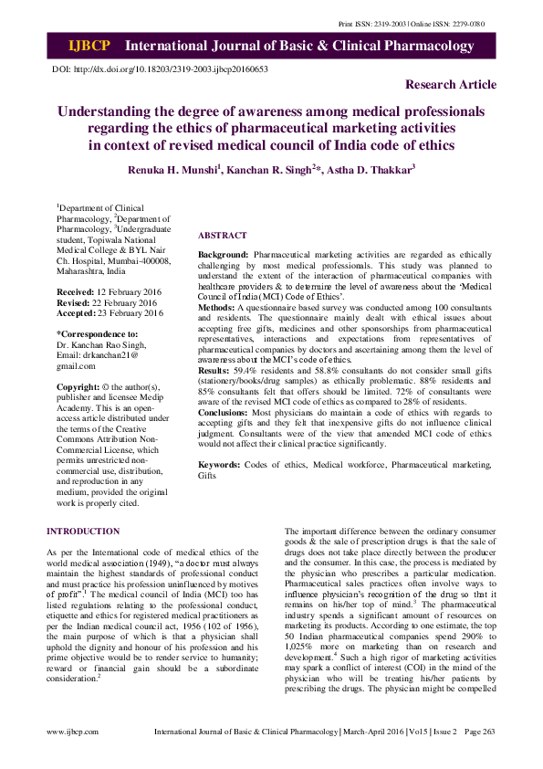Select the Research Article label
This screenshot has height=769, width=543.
(451, 85)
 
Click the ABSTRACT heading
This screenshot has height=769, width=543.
(222, 235)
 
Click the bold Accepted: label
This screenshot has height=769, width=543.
(78, 312)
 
